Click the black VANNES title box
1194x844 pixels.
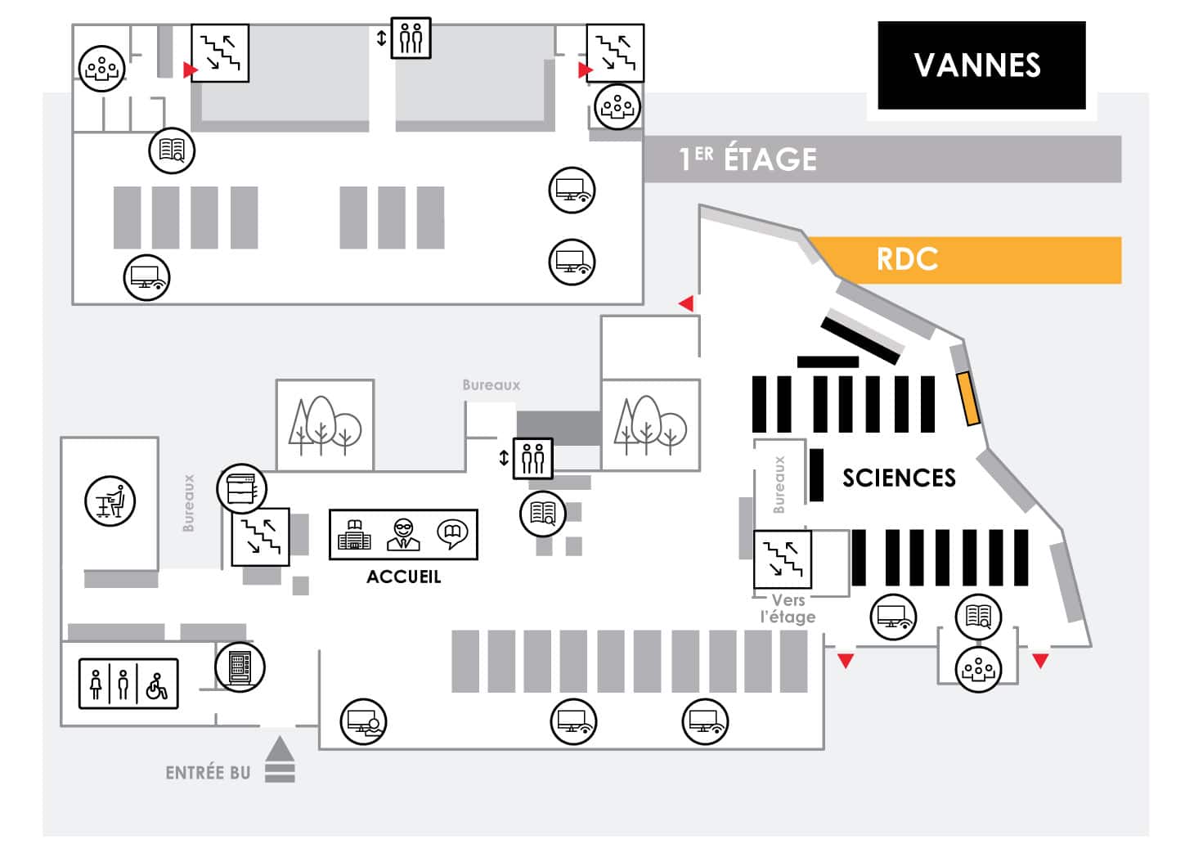(981, 65)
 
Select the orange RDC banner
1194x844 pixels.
(965, 259)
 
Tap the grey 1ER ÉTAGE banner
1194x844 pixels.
(882, 159)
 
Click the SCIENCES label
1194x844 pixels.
(899, 478)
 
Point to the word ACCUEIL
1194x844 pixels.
(403, 577)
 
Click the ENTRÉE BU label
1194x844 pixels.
(208, 773)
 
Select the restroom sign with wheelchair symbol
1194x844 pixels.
(128, 684)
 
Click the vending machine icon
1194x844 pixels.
(240, 667)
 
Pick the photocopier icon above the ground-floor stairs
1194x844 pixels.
(241, 488)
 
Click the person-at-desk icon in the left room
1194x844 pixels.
(110, 501)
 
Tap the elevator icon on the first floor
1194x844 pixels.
(411, 38)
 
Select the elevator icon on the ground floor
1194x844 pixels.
(532, 459)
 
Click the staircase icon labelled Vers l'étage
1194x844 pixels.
(783, 559)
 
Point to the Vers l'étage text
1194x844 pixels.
(788, 608)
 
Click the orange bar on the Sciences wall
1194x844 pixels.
(968, 399)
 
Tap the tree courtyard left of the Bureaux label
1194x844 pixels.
(325, 425)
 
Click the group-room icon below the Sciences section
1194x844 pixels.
(978, 670)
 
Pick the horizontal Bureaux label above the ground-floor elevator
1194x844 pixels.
(491, 385)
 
